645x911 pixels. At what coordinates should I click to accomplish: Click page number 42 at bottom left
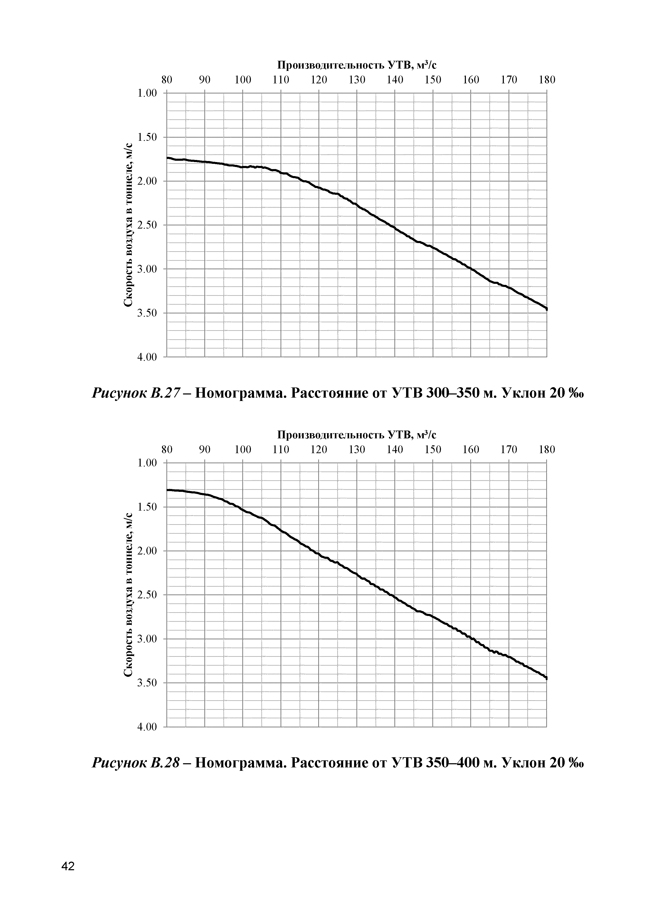[68, 866]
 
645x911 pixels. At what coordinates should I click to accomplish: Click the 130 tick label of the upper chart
[357, 80]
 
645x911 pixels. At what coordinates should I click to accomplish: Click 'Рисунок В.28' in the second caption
[137, 763]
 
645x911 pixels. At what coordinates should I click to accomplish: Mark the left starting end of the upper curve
[168, 158]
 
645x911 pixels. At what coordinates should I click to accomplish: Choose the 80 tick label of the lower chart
[167, 450]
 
